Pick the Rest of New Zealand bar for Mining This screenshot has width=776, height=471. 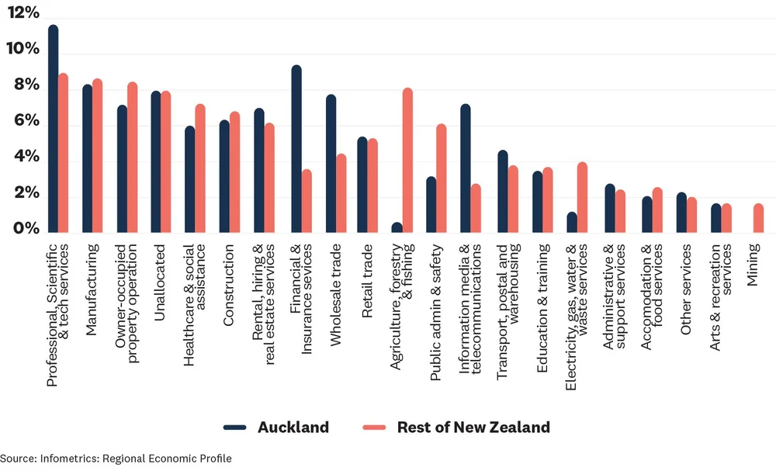tap(758, 218)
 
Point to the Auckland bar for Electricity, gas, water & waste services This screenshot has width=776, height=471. tap(572, 222)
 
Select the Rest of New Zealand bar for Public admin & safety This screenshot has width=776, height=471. tap(442, 178)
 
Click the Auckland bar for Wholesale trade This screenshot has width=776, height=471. tap(331, 164)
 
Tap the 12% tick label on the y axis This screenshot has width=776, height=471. tap(23, 13)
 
